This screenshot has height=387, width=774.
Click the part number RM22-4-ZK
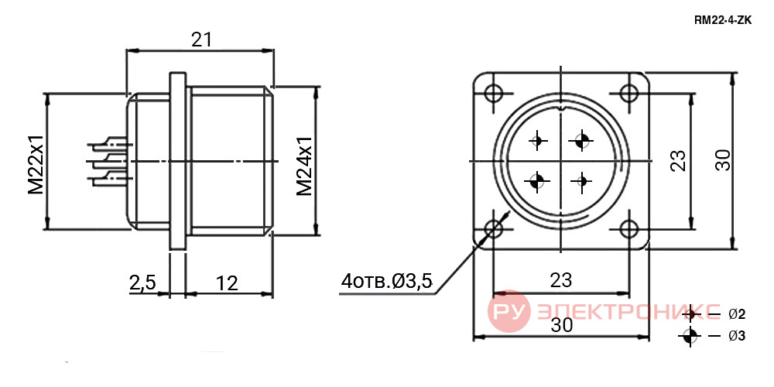pos(723,21)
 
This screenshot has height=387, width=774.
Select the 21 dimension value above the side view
pos(201,40)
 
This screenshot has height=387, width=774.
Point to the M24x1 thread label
pos(304,166)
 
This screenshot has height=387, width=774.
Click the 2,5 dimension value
pos(142,283)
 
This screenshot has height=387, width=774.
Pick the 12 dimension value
pos(227,283)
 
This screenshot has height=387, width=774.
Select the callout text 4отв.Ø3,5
pos(386,282)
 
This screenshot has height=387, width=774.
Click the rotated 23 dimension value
pos(679,160)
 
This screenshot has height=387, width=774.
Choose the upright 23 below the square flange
pos(560,280)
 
